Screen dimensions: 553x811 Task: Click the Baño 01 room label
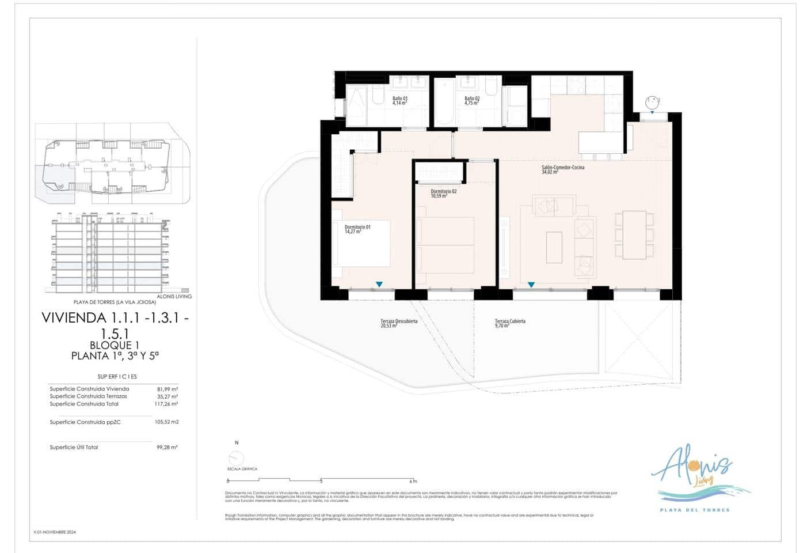[399, 101]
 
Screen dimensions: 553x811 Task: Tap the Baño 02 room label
[472, 101]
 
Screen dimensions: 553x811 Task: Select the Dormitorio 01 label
[357, 229]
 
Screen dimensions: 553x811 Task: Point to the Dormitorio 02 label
[443, 194]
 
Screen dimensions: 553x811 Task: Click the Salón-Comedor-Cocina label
[562, 169]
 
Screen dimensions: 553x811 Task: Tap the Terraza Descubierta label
[398, 323]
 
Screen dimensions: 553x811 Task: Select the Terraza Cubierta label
[510, 323]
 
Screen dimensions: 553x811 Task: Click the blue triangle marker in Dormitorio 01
[379, 285]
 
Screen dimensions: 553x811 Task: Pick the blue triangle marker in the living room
[531, 285]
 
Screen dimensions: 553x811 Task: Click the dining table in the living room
[634, 234]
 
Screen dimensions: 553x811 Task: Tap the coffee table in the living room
[554, 247]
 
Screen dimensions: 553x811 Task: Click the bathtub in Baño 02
[444, 102]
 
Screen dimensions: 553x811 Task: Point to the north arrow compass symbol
[236, 459]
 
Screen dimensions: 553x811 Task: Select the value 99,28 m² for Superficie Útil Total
[167, 447]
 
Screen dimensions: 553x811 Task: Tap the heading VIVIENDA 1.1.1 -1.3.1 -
[115, 318]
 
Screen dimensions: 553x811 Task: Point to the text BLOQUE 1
[115, 345]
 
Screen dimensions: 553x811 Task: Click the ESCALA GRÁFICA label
[242, 469]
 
